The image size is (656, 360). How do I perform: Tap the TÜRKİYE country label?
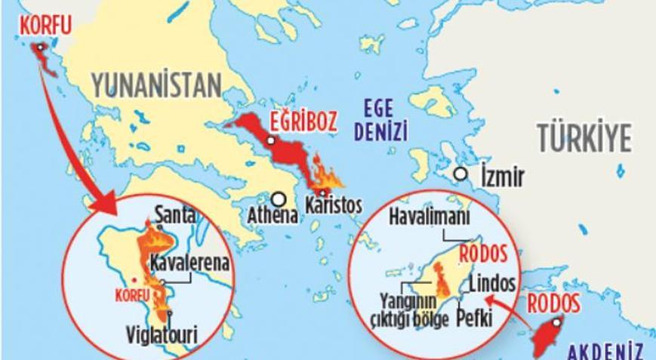click(x=584, y=139)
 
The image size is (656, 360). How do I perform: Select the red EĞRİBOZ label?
click(x=303, y=121)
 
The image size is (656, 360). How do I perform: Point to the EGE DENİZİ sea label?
click(x=384, y=120)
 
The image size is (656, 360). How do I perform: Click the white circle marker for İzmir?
click(x=460, y=174)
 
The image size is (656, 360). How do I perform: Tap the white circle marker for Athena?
click(x=279, y=199)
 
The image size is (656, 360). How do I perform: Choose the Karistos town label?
click(x=333, y=205)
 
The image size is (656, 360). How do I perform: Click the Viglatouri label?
click(x=169, y=333)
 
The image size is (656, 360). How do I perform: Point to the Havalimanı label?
click(x=429, y=217)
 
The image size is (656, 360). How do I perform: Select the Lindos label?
click(x=492, y=284)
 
